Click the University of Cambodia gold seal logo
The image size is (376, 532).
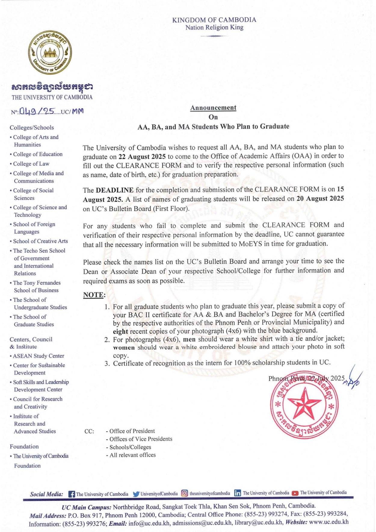click(x=50, y=53)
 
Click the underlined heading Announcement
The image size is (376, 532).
click(x=213, y=108)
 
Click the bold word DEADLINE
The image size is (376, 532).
click(x=115, y=190)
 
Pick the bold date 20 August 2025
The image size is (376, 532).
click(x=320, y=199)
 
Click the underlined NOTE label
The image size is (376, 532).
click(x=94, y=295)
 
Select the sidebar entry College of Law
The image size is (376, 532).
click(x=31, y=164)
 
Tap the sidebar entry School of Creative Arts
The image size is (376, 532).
click(x=40, y=241)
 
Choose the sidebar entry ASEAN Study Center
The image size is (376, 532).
click(x=39, y=356)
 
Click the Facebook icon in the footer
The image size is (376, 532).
click(x=72, y=494)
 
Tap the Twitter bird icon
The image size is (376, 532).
click(x=136, y=494)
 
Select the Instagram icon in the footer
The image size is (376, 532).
click(x=184, y=493)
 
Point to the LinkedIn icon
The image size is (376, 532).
click(x=237, y=493)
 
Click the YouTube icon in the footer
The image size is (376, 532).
click(x=295, y=493)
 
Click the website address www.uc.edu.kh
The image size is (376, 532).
click(x=328, y=522)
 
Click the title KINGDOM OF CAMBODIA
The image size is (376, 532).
click(x=214, y=20)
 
